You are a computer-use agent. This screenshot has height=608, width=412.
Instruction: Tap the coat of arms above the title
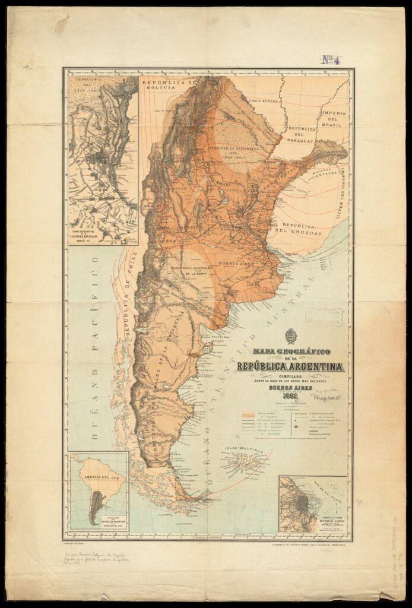click(290, 336)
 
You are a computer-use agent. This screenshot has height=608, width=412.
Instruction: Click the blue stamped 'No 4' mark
click(332, 59)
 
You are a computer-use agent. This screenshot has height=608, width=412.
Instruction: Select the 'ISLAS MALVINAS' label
click(243, 451)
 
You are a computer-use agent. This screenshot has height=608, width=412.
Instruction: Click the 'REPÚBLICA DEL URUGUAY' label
click(302, 229)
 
